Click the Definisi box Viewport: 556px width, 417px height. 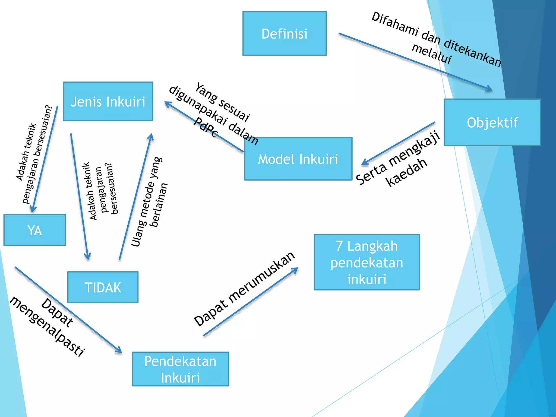pos(285,33)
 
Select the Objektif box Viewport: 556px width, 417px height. pos(492,122)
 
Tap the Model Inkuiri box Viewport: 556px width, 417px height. pos(298,159)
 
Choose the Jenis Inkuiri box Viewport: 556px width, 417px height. pos(108,102)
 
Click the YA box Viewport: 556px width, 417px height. pos(35,230)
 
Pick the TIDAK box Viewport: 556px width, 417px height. pos(103,287)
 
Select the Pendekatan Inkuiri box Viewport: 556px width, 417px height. pos(180,369)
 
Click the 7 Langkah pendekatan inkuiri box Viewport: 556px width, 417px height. pos(367,263)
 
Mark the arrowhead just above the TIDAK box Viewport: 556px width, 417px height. pos(87,257)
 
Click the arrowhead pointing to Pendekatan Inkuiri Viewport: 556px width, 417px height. pos(119,350)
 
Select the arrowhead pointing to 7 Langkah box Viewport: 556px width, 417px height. pos(295,270)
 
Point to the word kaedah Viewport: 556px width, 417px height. pos(406,172)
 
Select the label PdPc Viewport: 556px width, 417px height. pos(206,128)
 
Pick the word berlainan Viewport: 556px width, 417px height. pos(159,205)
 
